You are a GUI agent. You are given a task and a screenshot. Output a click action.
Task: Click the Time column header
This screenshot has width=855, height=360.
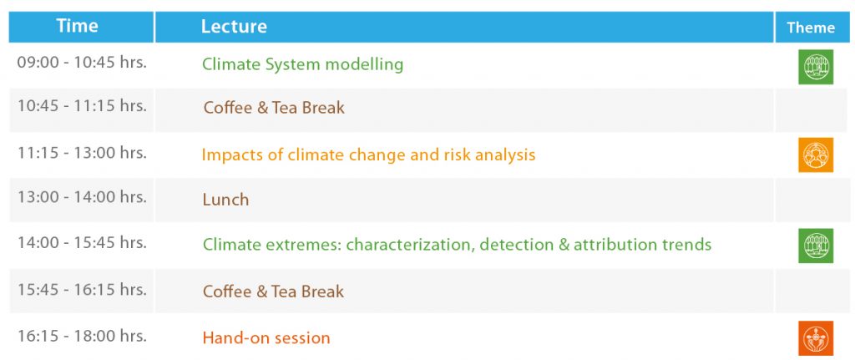77,26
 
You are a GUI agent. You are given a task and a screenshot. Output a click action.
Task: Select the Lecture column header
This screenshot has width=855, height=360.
234,26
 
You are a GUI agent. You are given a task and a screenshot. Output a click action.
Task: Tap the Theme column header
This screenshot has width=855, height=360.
810,28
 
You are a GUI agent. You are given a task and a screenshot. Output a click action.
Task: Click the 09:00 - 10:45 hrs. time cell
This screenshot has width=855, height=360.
82,62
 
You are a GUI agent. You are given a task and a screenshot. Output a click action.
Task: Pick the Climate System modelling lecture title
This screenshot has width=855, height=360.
302,64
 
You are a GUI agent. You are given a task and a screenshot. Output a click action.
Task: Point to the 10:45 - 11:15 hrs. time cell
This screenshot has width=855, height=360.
82,105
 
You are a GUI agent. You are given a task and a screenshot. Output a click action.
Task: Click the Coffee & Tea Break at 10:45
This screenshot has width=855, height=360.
274,108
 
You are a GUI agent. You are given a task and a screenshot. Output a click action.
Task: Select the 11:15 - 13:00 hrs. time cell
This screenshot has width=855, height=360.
82,153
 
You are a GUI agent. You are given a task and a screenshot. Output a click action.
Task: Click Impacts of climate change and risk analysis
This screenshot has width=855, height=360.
368,155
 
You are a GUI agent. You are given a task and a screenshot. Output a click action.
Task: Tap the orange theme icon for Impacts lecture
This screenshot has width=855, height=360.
816,155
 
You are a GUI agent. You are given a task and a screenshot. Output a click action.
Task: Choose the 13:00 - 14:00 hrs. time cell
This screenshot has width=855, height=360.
82,197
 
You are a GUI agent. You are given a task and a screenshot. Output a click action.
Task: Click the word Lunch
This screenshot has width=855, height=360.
225,200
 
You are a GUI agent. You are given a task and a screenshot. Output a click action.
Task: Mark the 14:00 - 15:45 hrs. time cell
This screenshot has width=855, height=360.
82,242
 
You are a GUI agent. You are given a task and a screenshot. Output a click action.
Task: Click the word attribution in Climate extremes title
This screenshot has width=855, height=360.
615,244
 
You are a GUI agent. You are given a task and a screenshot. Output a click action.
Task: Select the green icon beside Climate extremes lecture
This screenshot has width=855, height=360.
816,246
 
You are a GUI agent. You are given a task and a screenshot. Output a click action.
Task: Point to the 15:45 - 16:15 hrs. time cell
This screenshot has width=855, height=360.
82,289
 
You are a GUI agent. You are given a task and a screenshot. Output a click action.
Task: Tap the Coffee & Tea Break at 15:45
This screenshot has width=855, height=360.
274,292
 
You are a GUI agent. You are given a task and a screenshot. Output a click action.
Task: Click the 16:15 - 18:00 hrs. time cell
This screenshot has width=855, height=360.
82,336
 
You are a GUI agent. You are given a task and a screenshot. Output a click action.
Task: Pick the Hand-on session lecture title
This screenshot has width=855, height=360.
266,337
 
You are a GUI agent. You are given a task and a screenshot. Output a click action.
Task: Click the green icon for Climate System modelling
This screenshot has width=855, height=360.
816,67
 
